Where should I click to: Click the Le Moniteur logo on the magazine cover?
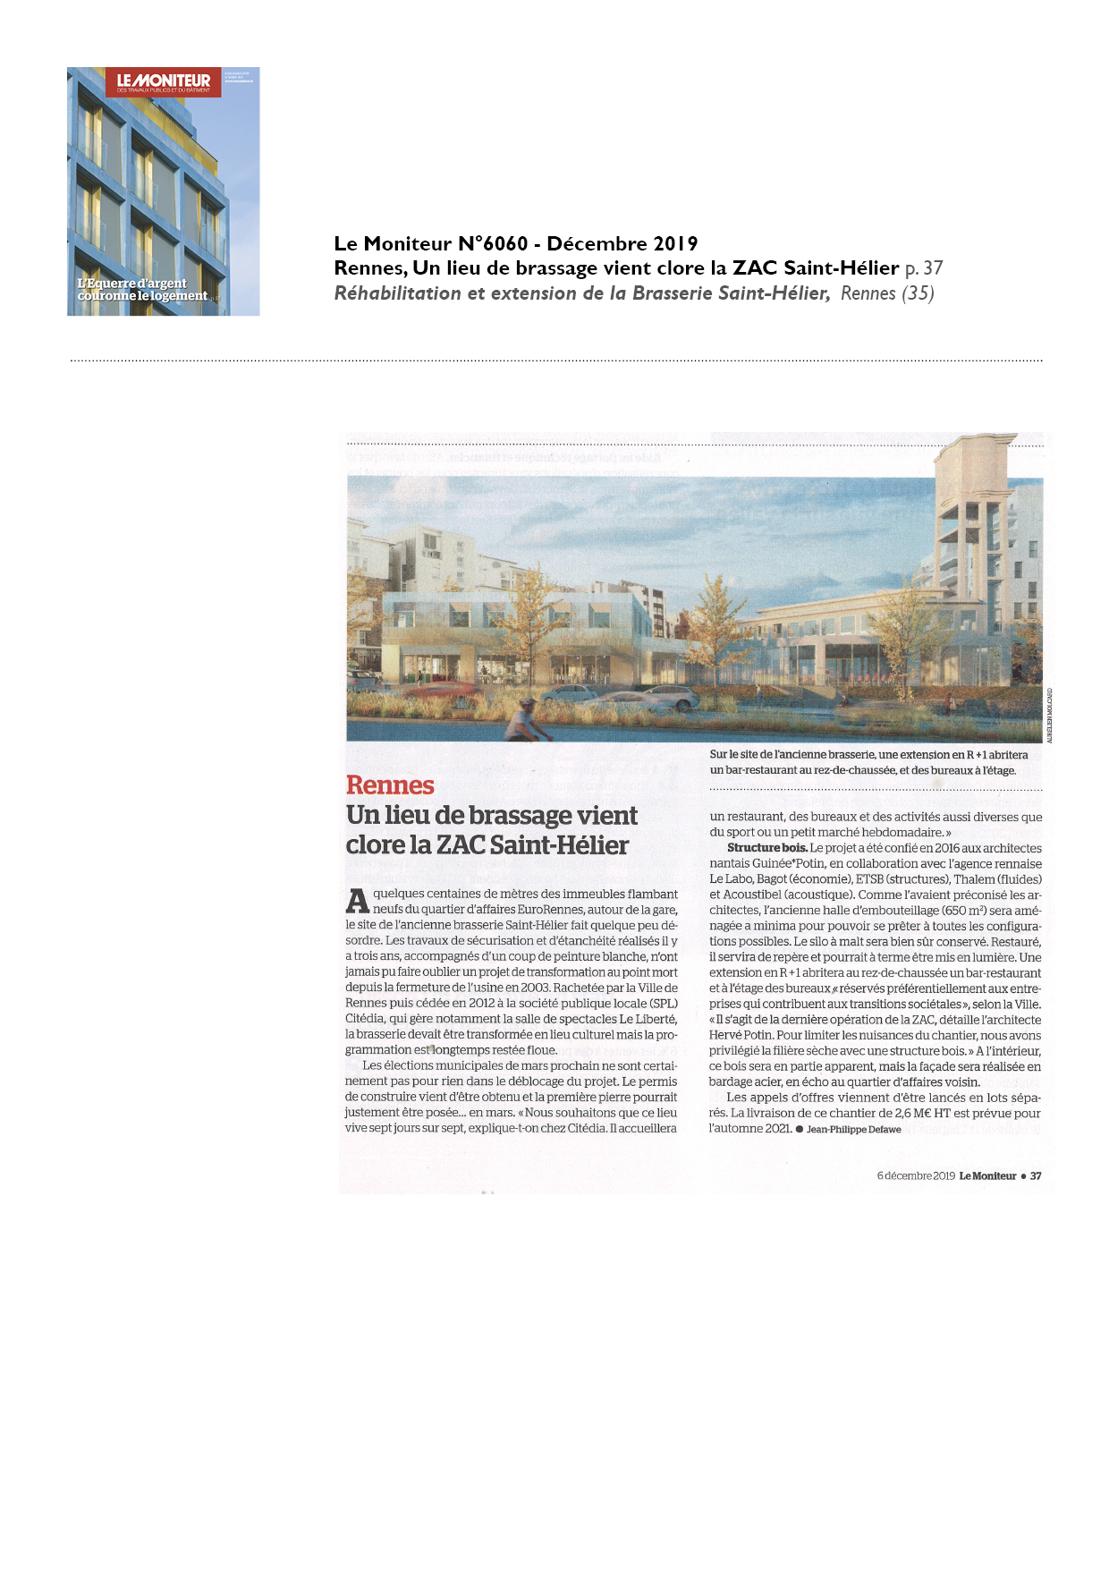(x=164, y=81)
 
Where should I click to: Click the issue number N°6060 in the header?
(x=493, y=244)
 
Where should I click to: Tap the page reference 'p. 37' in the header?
(x=924, y=268)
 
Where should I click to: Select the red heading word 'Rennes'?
(x=390, y=785)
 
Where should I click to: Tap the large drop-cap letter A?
(x=358, y=901)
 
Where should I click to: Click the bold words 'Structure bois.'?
(x=767, y=848)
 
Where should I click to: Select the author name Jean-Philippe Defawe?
(x=853, y=1130)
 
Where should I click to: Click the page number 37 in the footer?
(x=1036, y=1176)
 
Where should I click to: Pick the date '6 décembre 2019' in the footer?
(x=916, y=1176)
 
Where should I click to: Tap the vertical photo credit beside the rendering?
(x=1049, y=716)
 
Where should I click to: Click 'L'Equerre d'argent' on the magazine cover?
(x=132, y=284)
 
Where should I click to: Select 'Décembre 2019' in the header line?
(x=622, y=244)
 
